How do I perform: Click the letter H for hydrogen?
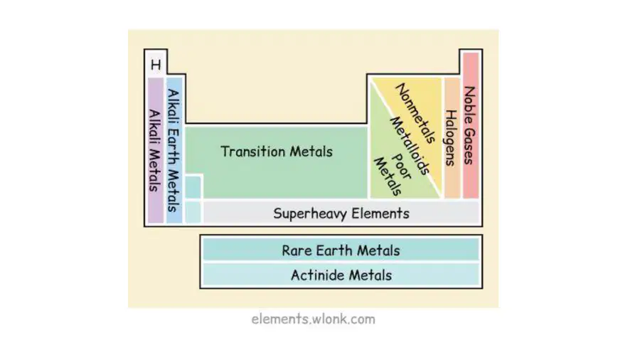click(x=156, y=65)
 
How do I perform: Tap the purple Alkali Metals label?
click(x=155, y=150)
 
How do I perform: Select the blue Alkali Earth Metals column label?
click(x=174, y=150)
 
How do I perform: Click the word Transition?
click(x=253, y=152)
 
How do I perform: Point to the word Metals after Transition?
click(x=311, y=152)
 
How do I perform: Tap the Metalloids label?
click(x=410, y=146)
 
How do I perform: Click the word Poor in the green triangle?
click(x=401, y=166)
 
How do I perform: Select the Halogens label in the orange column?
click(x=450, y=138)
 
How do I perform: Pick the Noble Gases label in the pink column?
click(x=470, y=125)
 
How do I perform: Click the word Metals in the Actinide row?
click(x=370, y=275)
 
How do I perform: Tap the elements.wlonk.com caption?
click(x=313, y=319)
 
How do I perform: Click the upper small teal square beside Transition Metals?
click(x=193, y=187)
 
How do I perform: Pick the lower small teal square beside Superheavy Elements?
click(x=193, y=212)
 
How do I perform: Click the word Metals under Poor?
click(x=388, y=176)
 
